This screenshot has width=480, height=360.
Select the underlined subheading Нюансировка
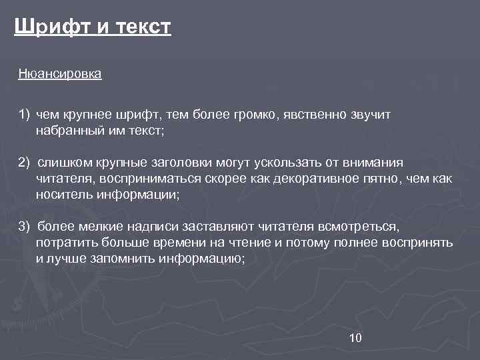coord(60,74)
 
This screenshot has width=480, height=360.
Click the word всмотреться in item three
coord(359,228)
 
